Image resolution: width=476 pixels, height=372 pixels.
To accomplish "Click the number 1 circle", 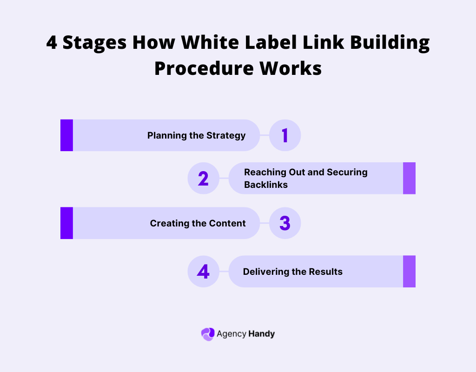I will click(x=285, y=135).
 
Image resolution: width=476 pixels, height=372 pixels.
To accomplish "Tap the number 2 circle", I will click(x=203, y=179).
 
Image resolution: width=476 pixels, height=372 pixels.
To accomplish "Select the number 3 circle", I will click(x=285, y=223).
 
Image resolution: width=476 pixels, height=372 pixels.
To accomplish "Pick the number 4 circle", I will click(x=203, y=272).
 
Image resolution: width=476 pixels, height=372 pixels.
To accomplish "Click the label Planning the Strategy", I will click(x=196, y=136).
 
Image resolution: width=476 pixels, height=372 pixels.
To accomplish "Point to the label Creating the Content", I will click(x=198, y=224).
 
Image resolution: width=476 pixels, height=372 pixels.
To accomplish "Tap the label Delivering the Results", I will click(x=292, y=272).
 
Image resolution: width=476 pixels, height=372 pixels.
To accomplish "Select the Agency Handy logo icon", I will click(x=207, y=334).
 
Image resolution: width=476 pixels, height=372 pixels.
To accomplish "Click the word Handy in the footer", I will click(x=261, y=334).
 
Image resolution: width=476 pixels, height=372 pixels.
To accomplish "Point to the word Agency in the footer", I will click(x=231, y=334).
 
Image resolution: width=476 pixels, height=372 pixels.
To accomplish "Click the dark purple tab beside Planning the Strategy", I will click(x=66, y=135).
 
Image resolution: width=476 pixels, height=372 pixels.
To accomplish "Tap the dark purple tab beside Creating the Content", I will click(x=66, y=223).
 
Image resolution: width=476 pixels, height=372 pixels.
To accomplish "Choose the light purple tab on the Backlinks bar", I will click(x=409, y=178).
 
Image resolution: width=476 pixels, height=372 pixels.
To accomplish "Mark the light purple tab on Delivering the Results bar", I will click(x=409, y=272).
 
